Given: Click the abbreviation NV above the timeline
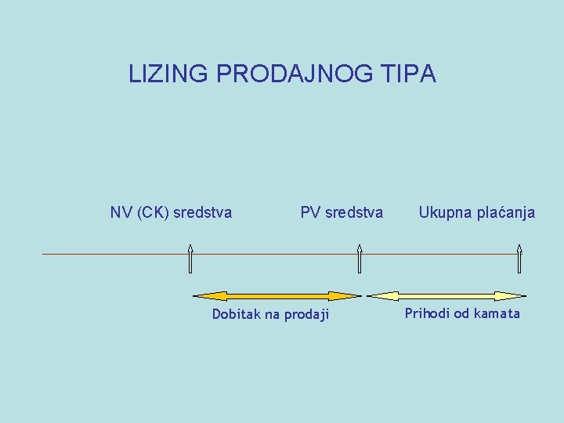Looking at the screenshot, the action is [121, 212].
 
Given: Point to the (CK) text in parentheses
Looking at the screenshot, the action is [152, 212].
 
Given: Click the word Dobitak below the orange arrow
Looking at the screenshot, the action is [237, 314].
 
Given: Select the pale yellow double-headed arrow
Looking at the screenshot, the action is [446, 296].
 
